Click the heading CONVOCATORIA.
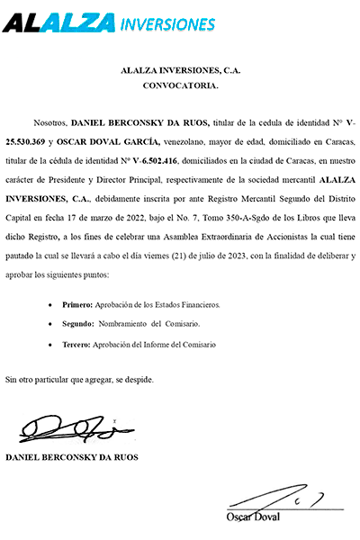[180, 86]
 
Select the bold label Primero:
[76, 305]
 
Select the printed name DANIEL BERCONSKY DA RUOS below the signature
[71, 457]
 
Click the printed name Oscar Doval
[253, 517]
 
